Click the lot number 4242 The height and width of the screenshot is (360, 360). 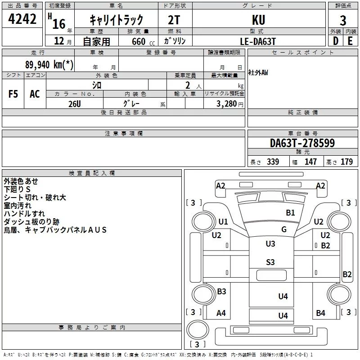click(x=22, y=19)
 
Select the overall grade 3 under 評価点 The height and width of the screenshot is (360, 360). click(x=343, y=21)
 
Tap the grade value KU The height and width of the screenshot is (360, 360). click(x=258, y=20)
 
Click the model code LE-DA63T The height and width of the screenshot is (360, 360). click(x=257, y=41)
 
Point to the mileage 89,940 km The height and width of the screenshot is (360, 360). click(x=49, y=65)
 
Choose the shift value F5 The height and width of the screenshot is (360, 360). click(x=13, y=94)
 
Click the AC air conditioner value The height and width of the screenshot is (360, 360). click(x=35, y=94)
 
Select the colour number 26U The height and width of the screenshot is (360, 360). click(x=75, y=104)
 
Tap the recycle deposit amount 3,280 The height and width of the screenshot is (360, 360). click(x=226, y=104)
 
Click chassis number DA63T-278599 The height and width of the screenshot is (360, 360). click(x=302, y=143)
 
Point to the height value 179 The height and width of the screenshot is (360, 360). click(x=346, y=162)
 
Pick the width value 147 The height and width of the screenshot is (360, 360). click(x=310, y=162)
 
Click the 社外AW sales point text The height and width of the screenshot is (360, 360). click(x=258, y=72)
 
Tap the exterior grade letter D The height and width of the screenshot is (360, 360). click(x=336, y=41)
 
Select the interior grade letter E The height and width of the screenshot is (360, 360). click(x=350, y=41)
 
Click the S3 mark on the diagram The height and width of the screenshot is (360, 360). click(x=270, y=262)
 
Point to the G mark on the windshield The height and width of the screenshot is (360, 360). click(x=284, y=229)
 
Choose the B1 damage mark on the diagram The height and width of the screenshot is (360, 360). click(x=290, y=213)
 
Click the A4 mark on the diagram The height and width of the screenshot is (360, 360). click(x=221, y=313)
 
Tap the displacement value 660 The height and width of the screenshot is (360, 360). click(x=139, y=41)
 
